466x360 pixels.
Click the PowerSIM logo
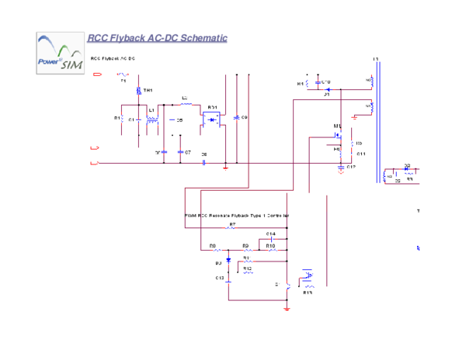(59, 53)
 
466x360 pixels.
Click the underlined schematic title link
(157, 38)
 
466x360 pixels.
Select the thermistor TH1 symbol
(139, 92)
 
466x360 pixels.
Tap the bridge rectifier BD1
(212, 119)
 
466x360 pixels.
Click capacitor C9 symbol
(237, 119)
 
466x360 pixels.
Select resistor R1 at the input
(123, 119)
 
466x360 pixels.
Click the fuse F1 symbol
(122, 75)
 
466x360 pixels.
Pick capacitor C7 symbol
(180, 152)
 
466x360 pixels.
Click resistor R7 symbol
(231, 227)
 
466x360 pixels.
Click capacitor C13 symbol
(228, 278)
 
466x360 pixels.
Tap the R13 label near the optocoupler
(308, 292)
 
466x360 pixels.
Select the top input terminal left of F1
(98, 74)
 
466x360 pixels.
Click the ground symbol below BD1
(225, 165)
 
